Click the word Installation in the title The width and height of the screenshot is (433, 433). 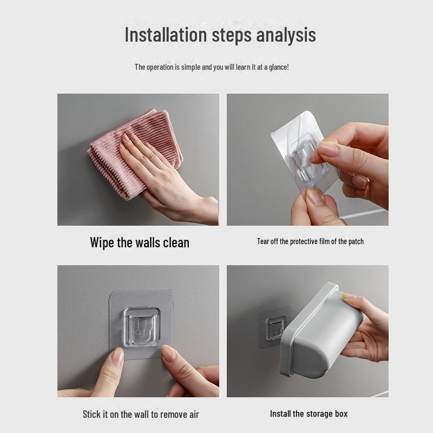166,35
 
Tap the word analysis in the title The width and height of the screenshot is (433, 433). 286,36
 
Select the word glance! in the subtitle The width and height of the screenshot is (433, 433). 279,67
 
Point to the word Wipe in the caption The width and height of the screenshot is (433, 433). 102,242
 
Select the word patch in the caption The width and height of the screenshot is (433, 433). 356,241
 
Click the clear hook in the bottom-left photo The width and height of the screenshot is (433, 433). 142,327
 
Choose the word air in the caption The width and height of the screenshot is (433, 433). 194,415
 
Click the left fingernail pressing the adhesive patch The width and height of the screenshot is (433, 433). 119,356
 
